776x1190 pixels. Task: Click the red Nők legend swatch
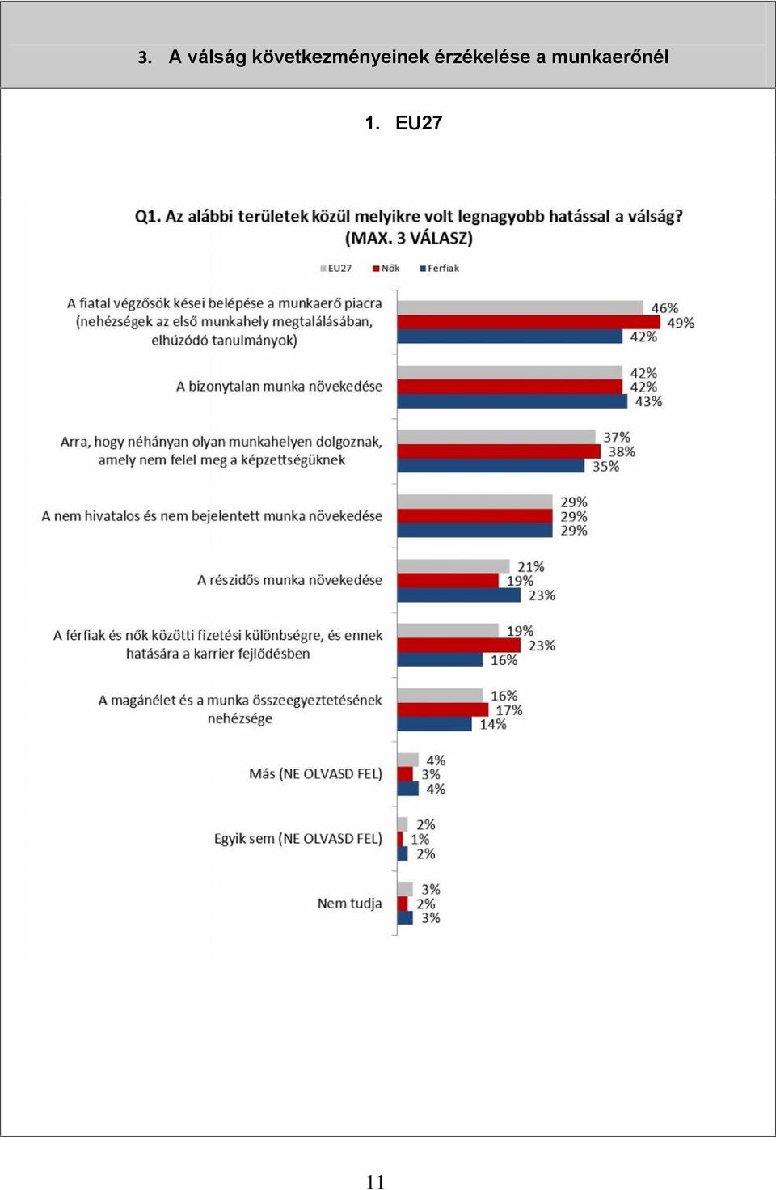click(x=377, y=269)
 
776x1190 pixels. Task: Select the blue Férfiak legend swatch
click(x=423, y=269)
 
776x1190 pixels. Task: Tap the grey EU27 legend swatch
click(x=323, y=269)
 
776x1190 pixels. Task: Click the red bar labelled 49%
click(x=529, y=323)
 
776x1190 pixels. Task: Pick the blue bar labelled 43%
click(x=512, y=401)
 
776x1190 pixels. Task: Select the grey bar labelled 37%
click(x=496, y=437)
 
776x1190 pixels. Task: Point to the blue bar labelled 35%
click(x=491, y=466)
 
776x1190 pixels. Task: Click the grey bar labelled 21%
click(x=453, y=566)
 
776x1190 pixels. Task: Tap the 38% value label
click(x=622, y=451)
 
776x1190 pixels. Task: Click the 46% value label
click(x=664, y=308)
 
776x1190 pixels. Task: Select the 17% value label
click(x=509, y=710)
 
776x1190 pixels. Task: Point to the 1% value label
click(x=420, y=840)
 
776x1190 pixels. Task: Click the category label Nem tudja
click(x=350, y=904)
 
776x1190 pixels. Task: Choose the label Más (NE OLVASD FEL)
click(x=316, y=774)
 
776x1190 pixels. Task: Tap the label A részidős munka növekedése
click(x=290, y=580)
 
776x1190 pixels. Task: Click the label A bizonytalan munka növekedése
click(x=279, y=386)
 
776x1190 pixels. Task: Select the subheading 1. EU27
click(x=403, y=123)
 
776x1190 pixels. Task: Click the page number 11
click(x=375, y=1181)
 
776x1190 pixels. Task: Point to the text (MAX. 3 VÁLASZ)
click(x=409, y=238)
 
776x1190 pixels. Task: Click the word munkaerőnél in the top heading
click(x=609, y=57)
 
